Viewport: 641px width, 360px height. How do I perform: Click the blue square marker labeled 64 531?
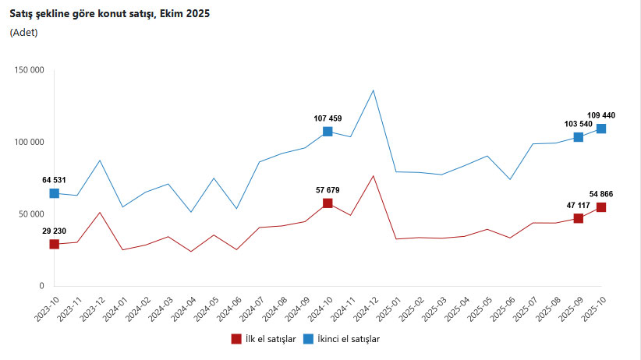[x=54, y=193]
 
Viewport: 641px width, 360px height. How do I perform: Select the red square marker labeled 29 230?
[x=54, y=244]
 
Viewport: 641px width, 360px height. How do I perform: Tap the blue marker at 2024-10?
[x=328, y=132]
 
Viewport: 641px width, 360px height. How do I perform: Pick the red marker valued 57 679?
[x=328, y=203]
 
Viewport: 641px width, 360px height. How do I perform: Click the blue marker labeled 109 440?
[x=601, y=129]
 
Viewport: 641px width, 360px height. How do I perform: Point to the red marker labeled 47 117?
[x=579, y=218]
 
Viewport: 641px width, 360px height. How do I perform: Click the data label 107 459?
[x=328, y=118]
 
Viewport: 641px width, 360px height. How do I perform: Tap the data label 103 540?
[x=578, y=124]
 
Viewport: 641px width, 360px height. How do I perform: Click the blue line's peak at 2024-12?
[x=374, y=90]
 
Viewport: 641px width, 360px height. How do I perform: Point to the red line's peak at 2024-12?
[x=374, y=176]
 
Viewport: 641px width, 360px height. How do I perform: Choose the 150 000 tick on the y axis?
[x=29, y=70]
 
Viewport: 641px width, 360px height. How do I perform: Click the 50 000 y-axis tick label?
[x=31, y=214]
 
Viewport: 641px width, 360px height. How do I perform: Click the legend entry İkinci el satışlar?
[x=345, y=339]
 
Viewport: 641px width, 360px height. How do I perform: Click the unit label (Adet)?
[x=23, y=32]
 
